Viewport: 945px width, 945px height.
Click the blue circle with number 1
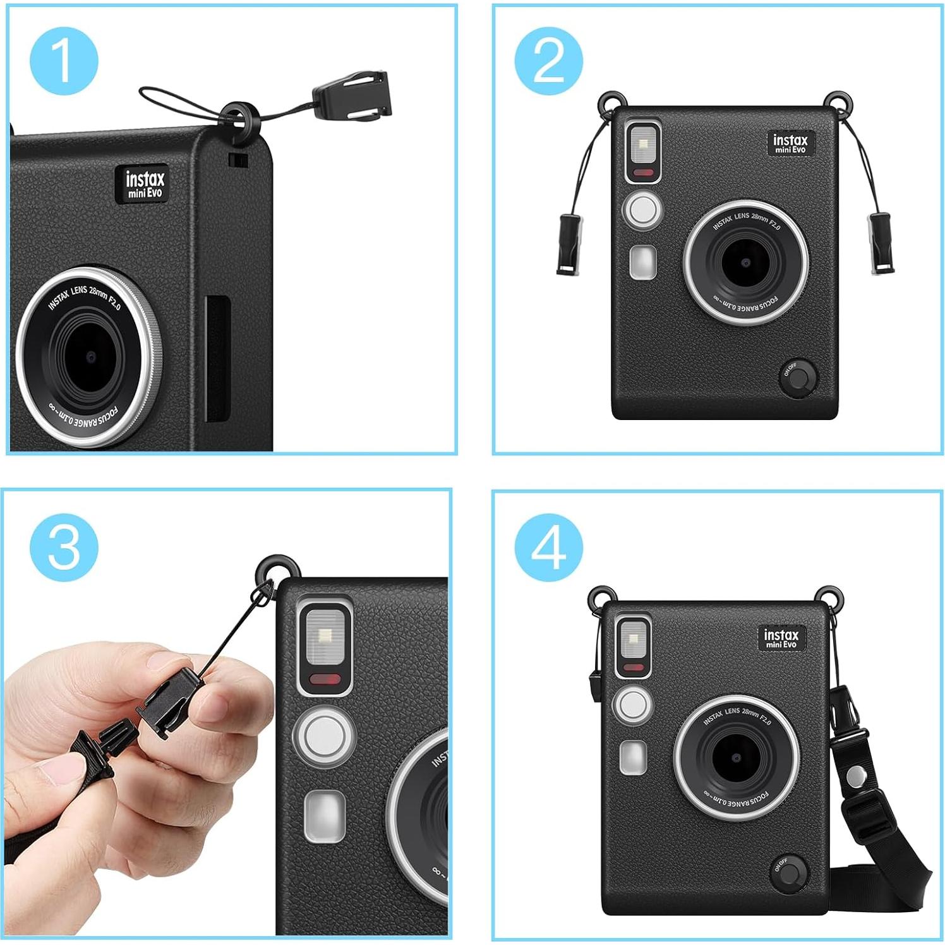[x=64, y=61]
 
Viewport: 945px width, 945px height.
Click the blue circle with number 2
[x=548, y=61]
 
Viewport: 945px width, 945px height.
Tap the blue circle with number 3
[x=64, y=546]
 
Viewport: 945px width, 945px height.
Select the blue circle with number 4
[x=548, y=546]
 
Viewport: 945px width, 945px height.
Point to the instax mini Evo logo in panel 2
[x=790, y=143]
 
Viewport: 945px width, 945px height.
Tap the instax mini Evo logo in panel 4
[x=781, y=638]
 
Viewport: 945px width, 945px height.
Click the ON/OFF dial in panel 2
[x=798, y=378]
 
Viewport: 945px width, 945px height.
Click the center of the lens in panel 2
[x=746, y=262]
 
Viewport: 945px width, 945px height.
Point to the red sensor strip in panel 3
[x=325, y=679]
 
